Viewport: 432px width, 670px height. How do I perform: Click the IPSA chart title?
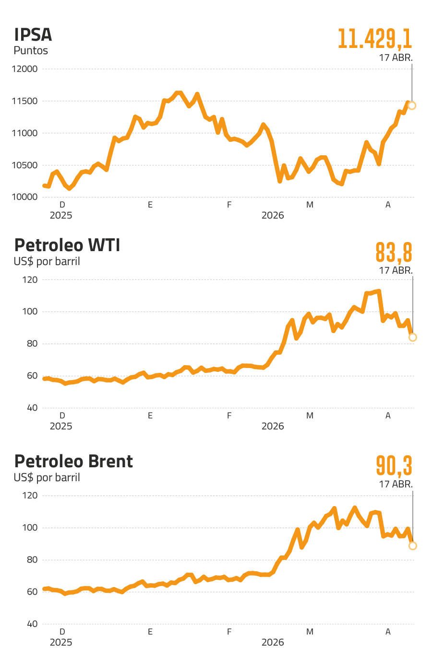(33, 35)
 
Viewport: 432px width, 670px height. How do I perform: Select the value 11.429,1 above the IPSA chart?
(375, 39)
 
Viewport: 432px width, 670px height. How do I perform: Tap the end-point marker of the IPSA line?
(412, 105)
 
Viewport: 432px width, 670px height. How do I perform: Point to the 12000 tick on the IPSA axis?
(25, 69)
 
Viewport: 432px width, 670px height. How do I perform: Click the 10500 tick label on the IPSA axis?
(25, 165)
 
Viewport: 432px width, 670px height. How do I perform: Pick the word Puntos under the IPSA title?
(31, 50)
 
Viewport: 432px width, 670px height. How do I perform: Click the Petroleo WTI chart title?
(67, 245)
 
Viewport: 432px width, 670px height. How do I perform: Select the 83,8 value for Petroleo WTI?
(394, 253)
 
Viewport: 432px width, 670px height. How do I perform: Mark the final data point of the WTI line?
(412, 337)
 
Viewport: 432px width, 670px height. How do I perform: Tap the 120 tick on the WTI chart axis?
(30, 280)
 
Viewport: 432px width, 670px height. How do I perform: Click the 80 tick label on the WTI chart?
(32, 344)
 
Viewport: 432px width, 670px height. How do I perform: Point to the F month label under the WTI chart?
(229, 416)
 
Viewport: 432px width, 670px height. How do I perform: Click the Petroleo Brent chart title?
(73, 461)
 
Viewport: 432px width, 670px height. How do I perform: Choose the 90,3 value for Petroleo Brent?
(394, 465)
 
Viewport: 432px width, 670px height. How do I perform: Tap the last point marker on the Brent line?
(412, 545)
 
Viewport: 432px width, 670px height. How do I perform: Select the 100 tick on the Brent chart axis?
(30, 528)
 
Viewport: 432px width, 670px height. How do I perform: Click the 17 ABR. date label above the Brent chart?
(396, 484)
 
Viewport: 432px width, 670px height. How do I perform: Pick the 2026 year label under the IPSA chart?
(273, 215)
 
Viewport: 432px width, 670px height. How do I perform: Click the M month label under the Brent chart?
(310, 632)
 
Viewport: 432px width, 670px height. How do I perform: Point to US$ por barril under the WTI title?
(47, 261)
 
